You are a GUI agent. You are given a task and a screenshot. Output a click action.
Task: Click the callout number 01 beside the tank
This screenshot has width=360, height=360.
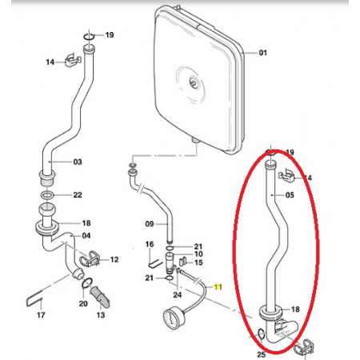point(262,53)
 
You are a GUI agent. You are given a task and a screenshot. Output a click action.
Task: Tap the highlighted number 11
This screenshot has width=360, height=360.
point(218,287)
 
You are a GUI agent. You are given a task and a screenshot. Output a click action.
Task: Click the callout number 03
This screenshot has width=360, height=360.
point(78,162)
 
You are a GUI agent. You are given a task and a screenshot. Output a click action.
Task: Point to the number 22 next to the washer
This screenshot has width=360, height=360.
point(78,195)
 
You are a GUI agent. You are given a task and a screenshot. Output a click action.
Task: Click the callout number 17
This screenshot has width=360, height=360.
point(41,315)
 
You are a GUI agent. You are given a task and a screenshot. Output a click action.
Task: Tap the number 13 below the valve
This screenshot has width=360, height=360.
point(101,315)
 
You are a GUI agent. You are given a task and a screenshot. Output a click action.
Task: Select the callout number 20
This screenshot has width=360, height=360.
point(83,303)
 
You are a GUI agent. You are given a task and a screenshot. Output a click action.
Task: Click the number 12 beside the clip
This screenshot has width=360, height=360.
point(114,259)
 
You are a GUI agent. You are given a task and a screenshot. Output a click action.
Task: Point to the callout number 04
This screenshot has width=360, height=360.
point(86,236)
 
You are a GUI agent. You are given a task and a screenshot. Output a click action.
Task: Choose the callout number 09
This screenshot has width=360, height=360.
point(150,224)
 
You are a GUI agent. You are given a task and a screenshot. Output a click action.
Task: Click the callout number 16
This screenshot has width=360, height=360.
point(150,244)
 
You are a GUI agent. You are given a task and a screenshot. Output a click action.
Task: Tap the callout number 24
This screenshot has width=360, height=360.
point(178,294)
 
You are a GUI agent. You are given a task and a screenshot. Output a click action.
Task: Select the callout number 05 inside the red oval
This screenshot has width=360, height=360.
point(290,195)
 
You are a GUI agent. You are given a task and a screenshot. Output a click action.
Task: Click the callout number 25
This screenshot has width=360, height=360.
point(262,354)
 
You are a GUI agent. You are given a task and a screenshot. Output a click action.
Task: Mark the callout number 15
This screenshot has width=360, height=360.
point(198,262)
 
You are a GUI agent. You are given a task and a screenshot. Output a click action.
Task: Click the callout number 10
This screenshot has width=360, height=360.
point(198,254)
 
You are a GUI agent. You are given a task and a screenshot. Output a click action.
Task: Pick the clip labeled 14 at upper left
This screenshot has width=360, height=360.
point(72,61)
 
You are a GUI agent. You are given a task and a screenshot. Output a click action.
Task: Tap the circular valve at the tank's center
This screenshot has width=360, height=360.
point(193,83)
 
